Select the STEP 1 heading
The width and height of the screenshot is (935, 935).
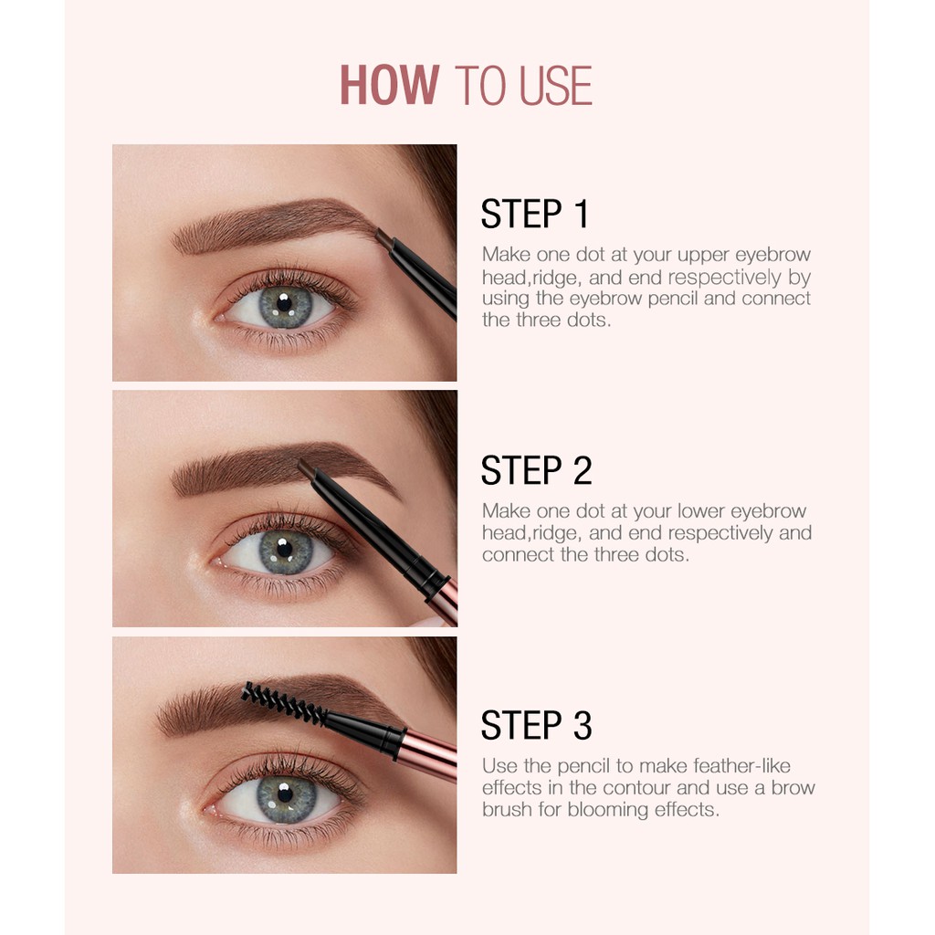pyautogui.click(x=535, y=215)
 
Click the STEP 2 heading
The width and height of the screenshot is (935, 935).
pyautogui.click(x=537, y=470)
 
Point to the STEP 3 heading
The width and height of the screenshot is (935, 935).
pyautogui.click(x=537, y=726)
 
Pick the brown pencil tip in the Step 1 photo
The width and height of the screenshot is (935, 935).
pyautogui.click(x=383, y=240)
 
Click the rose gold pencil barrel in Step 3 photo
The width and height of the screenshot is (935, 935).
pyautogui.click(x=429, y=753)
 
